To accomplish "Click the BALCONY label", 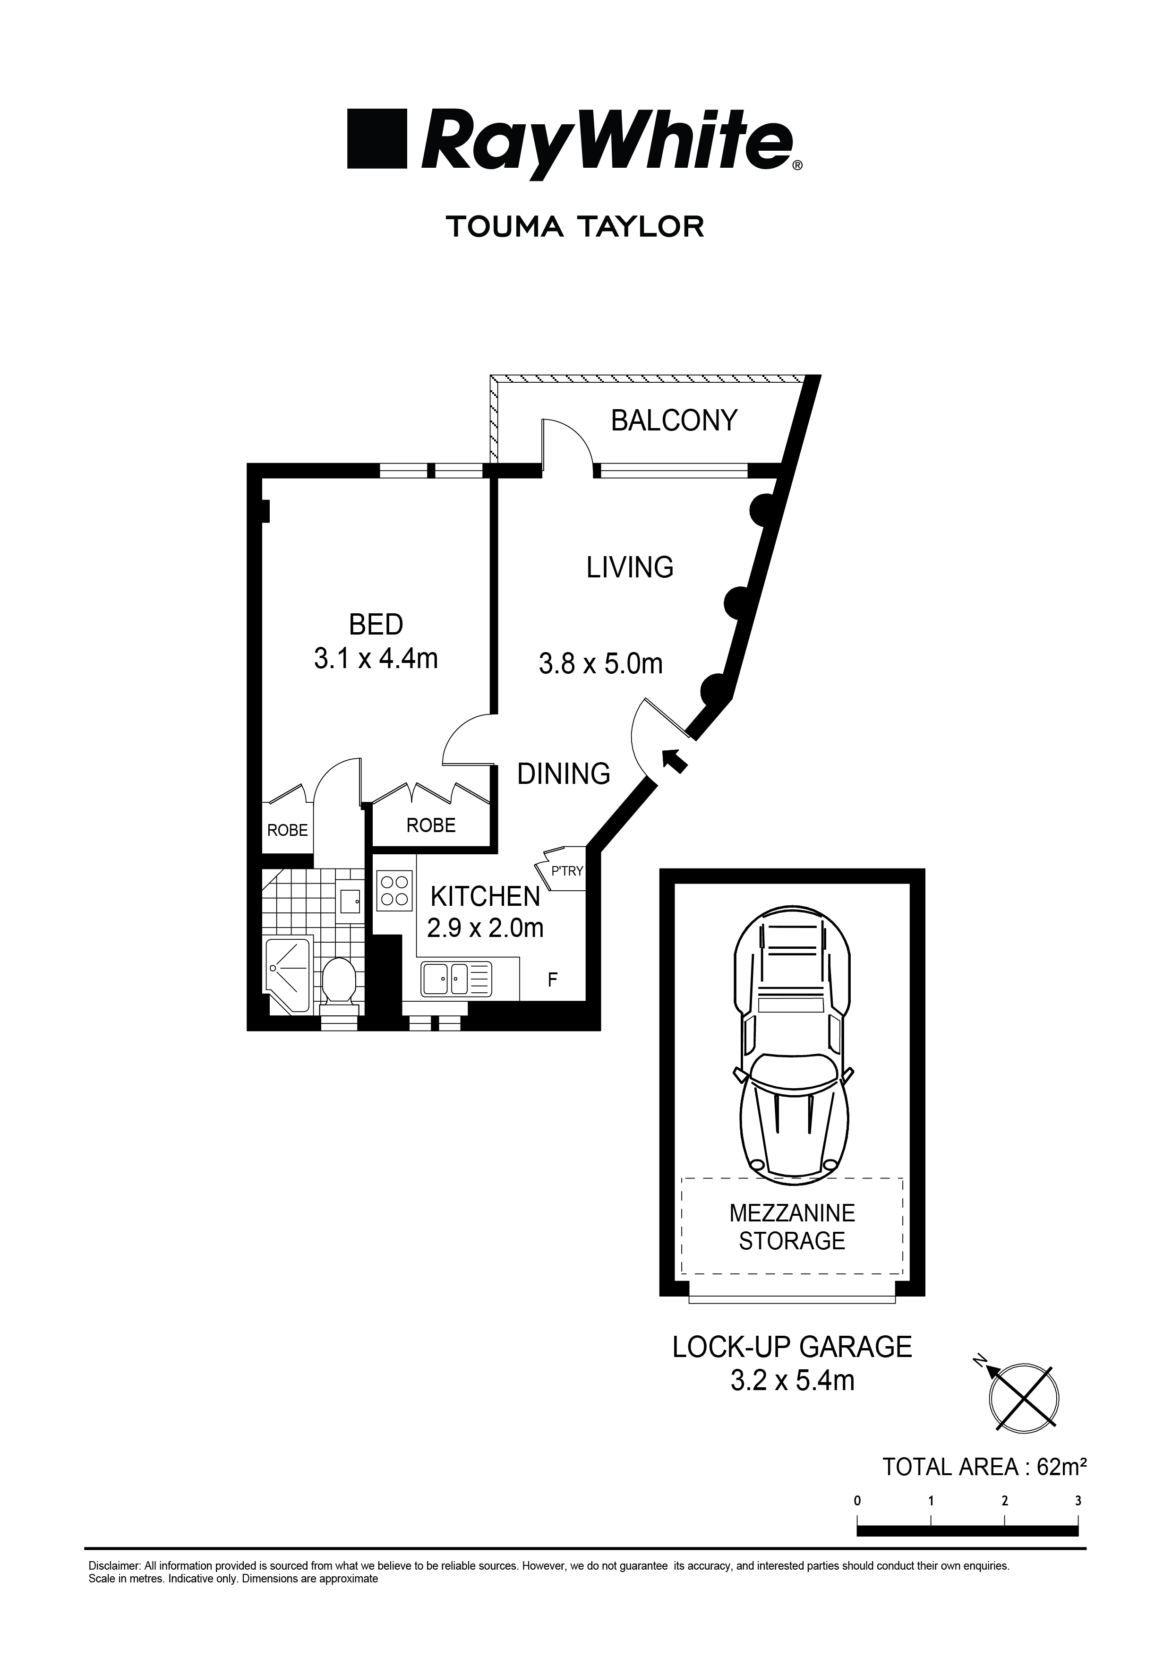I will coord(674,420).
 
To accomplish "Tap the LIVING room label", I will coord(630,567).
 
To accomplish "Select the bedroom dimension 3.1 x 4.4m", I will coord(376,659).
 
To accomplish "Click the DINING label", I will coord(563,774).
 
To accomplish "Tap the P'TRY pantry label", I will coord(566,871).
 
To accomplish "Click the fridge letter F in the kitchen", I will coord(552,980).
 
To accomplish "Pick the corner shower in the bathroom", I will coord(289,971).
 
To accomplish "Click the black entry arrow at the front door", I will coord(674,760).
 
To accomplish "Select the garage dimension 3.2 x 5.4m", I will coord(792,1380).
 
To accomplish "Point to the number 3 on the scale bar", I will coord(1078,1501).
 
